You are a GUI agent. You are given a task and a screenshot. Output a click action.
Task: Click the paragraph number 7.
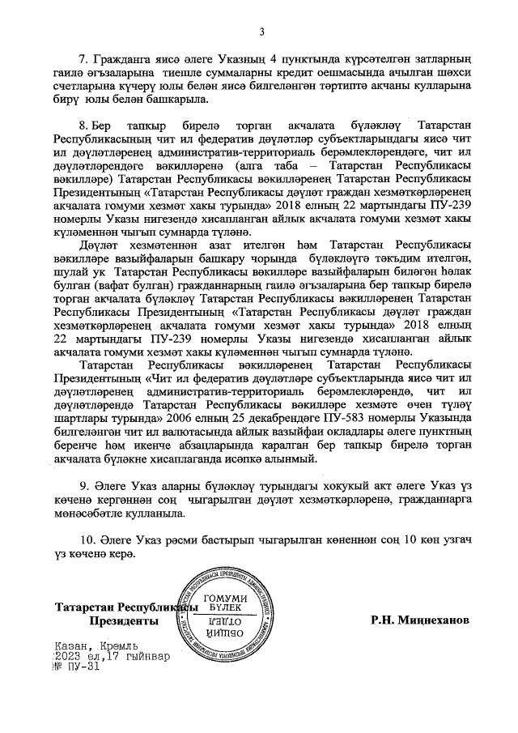(x=82, y=59)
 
